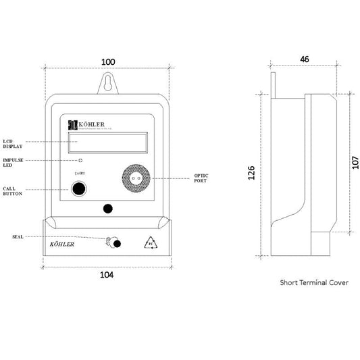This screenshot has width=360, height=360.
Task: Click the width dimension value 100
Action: point(107,62)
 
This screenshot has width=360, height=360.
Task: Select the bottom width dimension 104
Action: point(107,275)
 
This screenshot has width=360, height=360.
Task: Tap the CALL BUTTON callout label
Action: point(13,192)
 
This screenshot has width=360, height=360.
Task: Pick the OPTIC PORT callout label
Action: point(201,179)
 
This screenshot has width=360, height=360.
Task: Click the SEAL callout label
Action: point(18,236)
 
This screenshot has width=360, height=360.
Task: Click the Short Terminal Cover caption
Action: point(314,283)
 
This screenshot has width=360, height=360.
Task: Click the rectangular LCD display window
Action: point(107,143)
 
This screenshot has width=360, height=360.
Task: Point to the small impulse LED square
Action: point(80,161)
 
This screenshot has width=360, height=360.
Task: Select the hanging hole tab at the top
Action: point(107,82)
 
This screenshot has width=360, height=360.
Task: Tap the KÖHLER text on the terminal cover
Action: point(63,245)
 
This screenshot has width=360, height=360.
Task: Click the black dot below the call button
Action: point(107,209)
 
